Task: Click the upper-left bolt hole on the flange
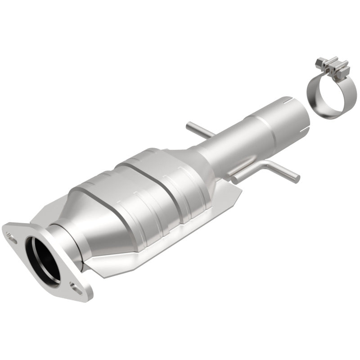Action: (x=10, y=233)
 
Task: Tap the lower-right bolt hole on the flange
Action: (x=78, y=289)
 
